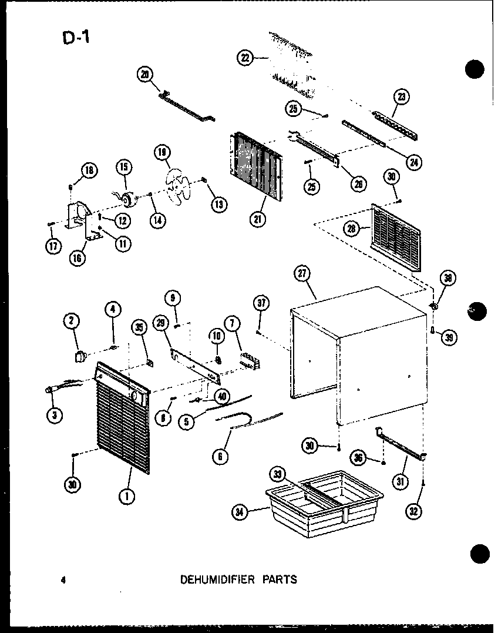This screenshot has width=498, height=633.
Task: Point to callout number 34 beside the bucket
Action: tap(239, 512)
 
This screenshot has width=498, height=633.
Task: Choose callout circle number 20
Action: tap(144, 74)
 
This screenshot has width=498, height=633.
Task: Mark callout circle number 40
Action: tap(222, 395)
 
